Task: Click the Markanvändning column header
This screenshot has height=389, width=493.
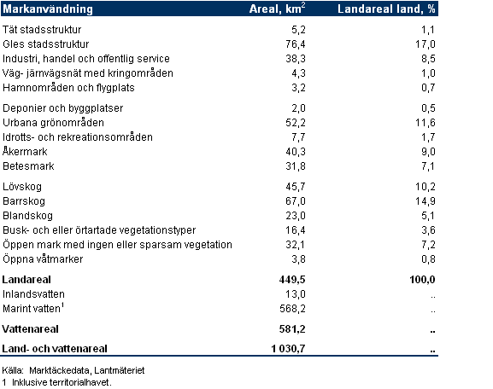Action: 48,9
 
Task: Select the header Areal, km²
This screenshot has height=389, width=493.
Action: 278,9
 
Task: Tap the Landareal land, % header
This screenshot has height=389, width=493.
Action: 386,9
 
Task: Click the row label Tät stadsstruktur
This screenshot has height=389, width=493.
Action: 42,30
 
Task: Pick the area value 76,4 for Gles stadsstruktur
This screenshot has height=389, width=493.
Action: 296,44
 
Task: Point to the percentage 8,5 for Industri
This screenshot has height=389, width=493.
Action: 428,59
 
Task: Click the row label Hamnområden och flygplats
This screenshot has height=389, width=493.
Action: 68,88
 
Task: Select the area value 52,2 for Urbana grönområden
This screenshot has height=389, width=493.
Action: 296,123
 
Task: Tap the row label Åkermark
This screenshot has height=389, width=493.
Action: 25,151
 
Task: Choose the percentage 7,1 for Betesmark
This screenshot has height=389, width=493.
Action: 428,166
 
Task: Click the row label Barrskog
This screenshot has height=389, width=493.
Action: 24,201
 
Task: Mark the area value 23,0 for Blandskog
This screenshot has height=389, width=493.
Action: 296,216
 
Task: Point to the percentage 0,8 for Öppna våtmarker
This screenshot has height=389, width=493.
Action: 428,259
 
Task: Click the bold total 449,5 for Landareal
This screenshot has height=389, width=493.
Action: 292,280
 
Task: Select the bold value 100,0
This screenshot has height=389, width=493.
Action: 422,280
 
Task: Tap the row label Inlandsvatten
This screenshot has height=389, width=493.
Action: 33,294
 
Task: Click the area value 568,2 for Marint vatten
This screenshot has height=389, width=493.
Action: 292,309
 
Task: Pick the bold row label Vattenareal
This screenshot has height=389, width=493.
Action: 30,329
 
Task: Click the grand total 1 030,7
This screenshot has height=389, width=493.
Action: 288,349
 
